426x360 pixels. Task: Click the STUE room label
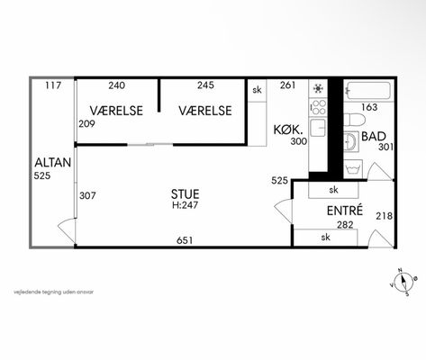coord(185,194)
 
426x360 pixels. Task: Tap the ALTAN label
coord(53,163)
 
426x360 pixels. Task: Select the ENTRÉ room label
coord(345,211)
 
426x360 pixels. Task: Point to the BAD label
coord(374,136)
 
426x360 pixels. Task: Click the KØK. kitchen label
coord(287,130)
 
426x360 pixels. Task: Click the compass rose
coord(403,282)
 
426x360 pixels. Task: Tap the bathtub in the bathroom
coord(368,91)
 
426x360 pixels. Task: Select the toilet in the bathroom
coord(354,120)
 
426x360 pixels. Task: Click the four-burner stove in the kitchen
coord(318,107)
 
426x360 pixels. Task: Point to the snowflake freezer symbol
coord(318,88)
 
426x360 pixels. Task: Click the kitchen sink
coord(318,128)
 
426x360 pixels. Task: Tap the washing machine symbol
coord(353,169)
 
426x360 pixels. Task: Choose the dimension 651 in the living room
coord(185,240)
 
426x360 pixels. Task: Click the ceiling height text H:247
coord(185,205)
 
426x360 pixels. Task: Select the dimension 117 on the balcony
coord(53,85)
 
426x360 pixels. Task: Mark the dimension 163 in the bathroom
coord(369,107)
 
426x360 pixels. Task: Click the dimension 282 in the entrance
coord(345,224)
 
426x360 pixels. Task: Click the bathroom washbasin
coord(351,141)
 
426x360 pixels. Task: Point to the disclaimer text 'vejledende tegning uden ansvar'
coord(53,292)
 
